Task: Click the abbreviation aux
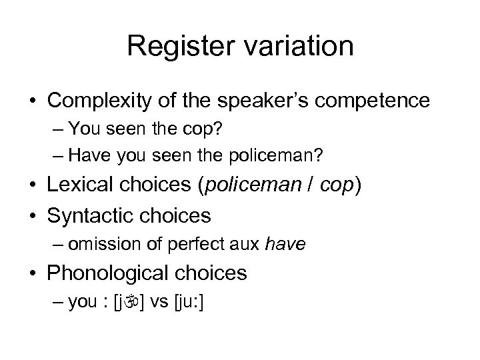[247, 245]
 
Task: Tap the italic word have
[285, 245]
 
